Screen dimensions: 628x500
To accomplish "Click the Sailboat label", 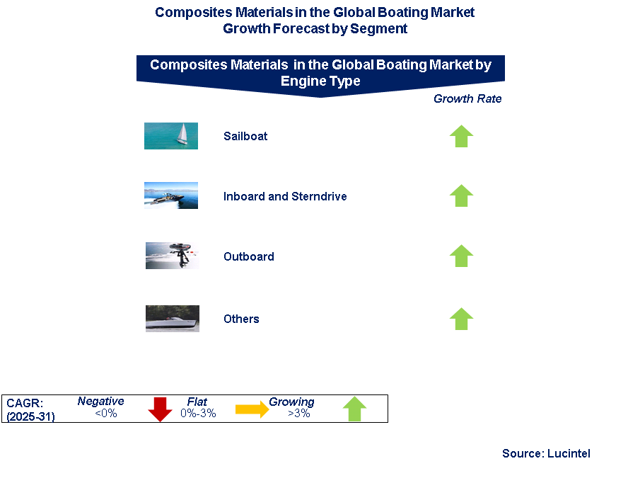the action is point(245,136).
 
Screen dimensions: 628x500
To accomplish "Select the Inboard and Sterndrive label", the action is point(285,196).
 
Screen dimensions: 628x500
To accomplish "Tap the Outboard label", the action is point(249,256).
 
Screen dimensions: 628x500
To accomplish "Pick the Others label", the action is point(241,319).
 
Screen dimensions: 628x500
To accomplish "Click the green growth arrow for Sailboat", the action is point(461,136).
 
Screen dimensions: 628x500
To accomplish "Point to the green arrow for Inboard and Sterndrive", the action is point(461,195).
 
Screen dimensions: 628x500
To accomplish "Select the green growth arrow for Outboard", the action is point(461,256).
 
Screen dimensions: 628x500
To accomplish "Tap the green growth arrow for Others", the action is point(461,319).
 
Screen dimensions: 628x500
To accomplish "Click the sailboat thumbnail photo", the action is point(171,136).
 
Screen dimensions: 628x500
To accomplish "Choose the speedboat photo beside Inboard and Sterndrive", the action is point(171,195).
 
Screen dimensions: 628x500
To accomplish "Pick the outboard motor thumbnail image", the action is point(173,256).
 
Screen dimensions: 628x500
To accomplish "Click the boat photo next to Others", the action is point(173,319).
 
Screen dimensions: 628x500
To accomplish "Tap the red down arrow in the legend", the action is point(160,409).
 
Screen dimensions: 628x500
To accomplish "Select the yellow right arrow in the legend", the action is point(252,409).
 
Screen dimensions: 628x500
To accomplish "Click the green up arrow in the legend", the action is point(354,409).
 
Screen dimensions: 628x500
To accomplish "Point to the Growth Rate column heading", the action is point(467,98).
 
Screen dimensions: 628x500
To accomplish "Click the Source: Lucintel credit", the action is point(546,453).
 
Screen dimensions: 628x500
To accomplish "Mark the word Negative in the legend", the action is point(100,401).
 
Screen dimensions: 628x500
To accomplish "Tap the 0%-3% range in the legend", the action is point(198,414).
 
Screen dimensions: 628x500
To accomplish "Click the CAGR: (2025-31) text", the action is point(30,410).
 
